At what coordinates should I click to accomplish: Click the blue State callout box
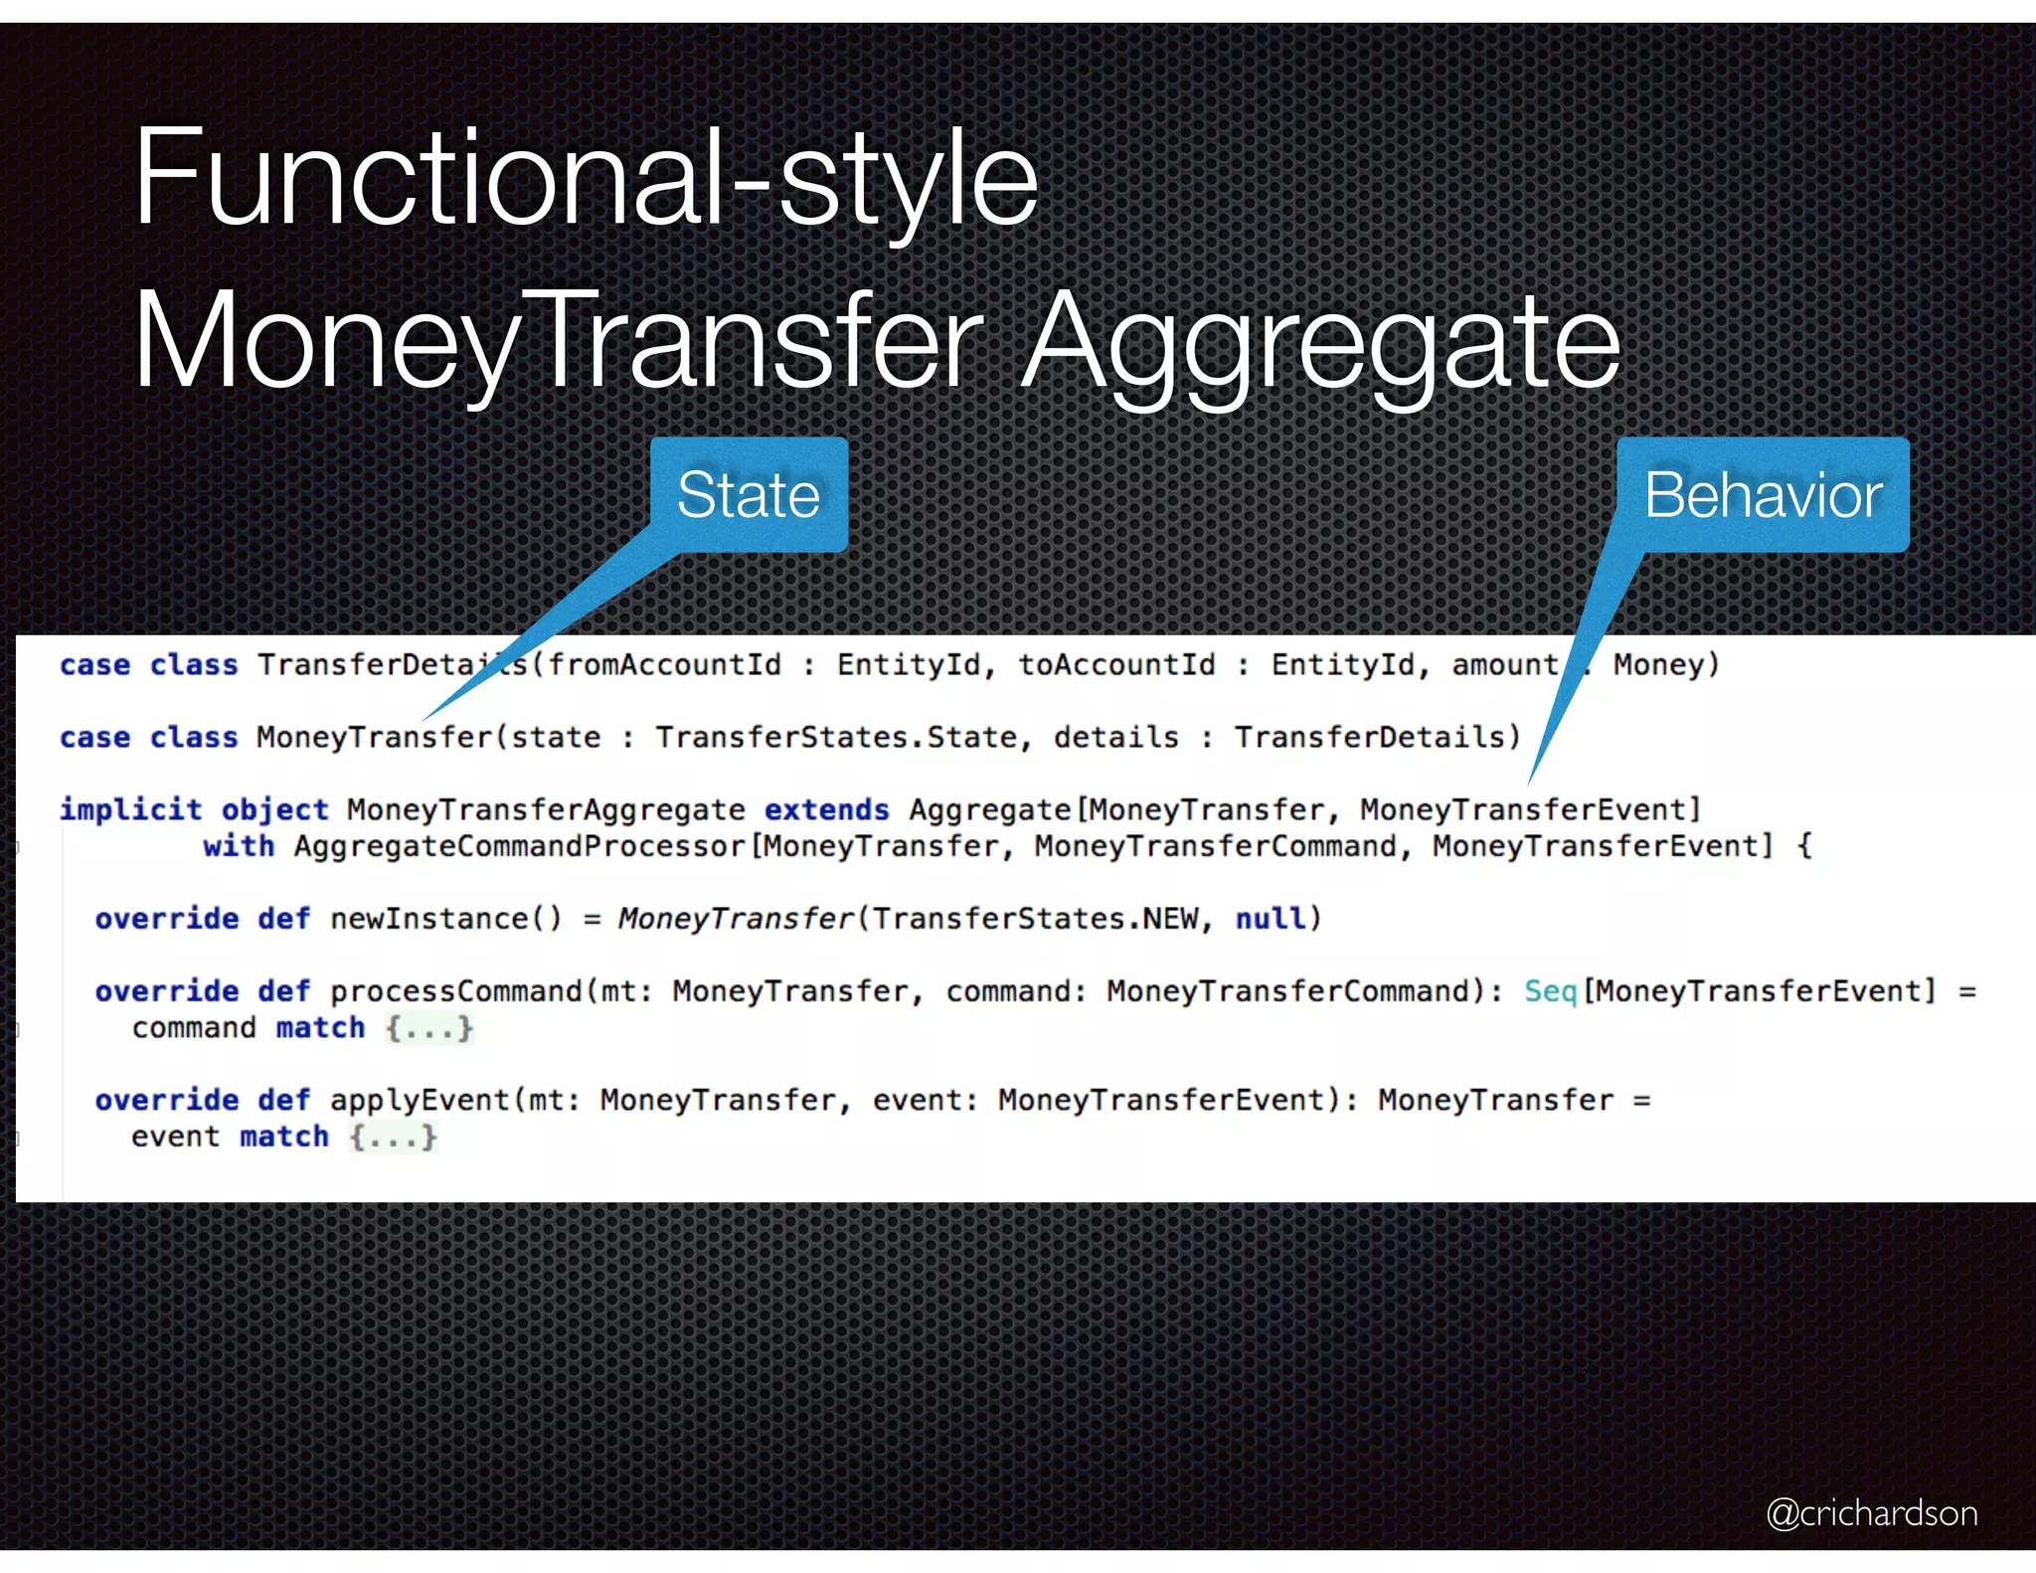[749, 494]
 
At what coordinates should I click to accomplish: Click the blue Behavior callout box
[1763, 494]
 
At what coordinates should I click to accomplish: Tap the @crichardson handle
[1871, 1512]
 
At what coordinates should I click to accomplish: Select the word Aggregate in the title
[1321, 343]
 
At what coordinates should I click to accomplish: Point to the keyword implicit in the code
[130, 809]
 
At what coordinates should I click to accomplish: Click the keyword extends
[826, 809]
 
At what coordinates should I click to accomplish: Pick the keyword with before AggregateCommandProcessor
[239, 846]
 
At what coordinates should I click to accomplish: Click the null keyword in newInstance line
[1270, 918]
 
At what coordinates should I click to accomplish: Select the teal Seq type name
[1550, 990]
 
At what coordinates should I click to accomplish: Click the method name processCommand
[456, 990]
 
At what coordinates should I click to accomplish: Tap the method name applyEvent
[420, 1100]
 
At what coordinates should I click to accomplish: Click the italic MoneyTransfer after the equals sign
[736, 918]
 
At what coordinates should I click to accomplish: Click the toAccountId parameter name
[1116, 664]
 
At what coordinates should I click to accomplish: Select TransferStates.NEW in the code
[1035, 918]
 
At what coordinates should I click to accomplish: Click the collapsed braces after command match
[429, 1027]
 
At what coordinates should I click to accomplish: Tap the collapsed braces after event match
[394, 1136]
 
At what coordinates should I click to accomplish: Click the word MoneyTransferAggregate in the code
[546, 809]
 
